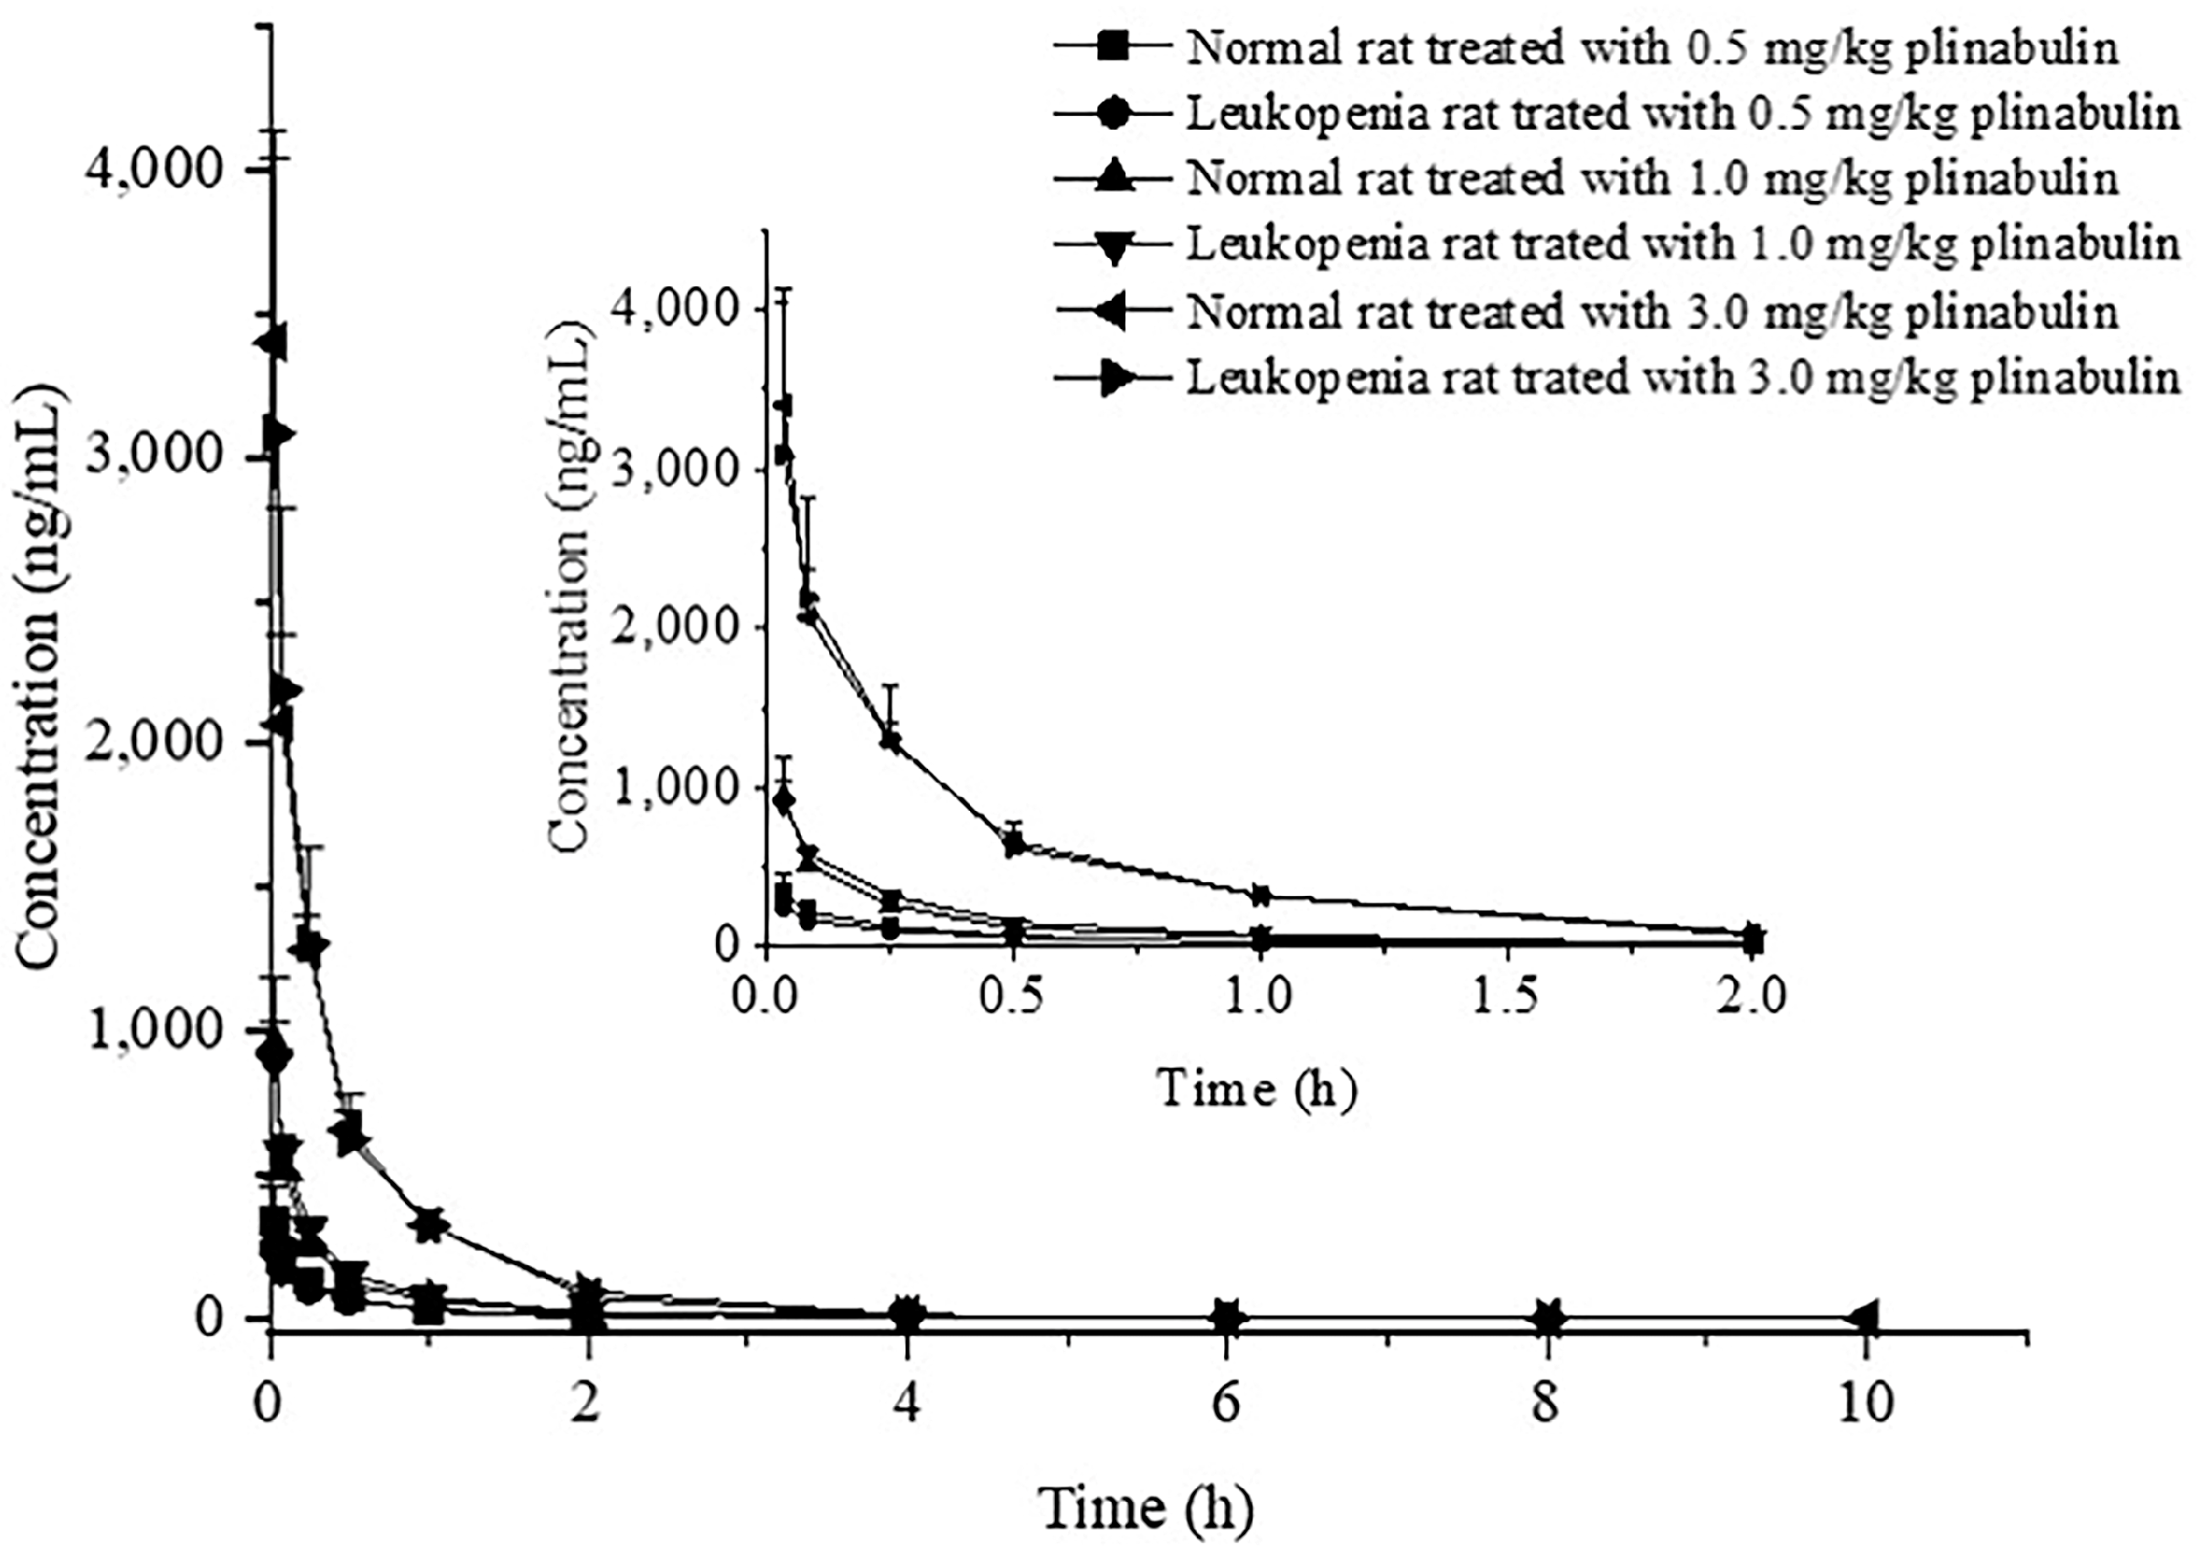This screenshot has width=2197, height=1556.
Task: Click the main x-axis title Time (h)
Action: click(x=1146, y=1508)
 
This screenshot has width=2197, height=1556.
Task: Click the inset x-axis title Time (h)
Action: click(x=1256, y=1089)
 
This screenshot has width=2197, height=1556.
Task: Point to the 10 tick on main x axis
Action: click(x=1865, y=1403)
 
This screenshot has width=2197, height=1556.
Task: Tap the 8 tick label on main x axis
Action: click(x=1545, y=1403)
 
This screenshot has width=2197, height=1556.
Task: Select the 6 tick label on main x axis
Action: click(x=1226, y=1403)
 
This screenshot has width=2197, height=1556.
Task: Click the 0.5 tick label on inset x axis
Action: click(x=1013, y=996)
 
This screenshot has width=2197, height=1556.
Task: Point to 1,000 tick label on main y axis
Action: click(x=154, y=1030)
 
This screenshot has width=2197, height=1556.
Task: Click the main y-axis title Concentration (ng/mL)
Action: click(x=38, y=676)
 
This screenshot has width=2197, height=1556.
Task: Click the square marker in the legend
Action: click(x=1113, y=46)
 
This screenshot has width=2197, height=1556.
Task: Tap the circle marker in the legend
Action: click(x=1113, y=113)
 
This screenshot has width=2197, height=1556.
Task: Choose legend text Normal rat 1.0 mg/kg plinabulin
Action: click(x=1652, y=178)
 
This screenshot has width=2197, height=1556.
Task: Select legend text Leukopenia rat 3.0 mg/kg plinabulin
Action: click(x=1682, y=378)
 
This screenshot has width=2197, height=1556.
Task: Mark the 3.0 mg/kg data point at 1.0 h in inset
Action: click(x=1260, y=896)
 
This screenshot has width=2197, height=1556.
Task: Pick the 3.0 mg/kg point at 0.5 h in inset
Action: click(x=1014, y=843)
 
